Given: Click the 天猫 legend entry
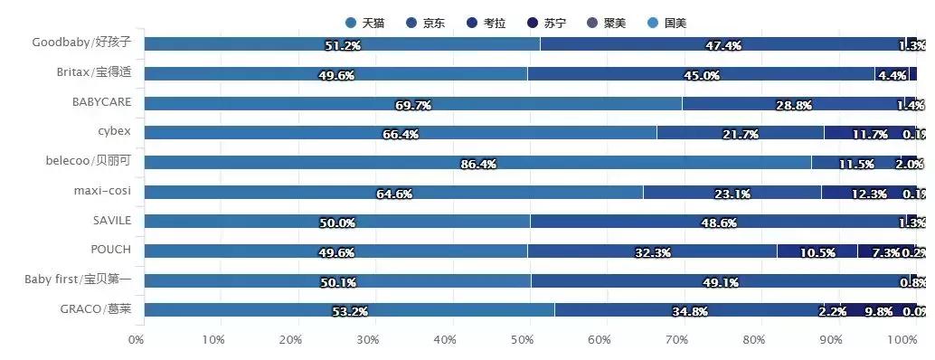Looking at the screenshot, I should (x=365, y=23).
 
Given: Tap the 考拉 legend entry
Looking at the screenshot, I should (x=486, y=23).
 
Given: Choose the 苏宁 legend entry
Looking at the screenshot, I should (x=546, y=23).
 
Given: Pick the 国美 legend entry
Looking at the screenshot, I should (x=667, y=23).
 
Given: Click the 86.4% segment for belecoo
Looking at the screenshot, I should (x=477, y=163).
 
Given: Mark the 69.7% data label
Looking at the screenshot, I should (x=413, y=106).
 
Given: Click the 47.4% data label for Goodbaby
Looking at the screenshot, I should (x=723, y=45).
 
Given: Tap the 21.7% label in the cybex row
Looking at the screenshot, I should (x=740, y=135).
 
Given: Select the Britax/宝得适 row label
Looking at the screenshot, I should (x=93, y=72).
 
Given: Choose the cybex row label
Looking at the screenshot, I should (x=114, y=131).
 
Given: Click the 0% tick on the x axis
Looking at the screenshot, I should (x=136, y=340).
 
